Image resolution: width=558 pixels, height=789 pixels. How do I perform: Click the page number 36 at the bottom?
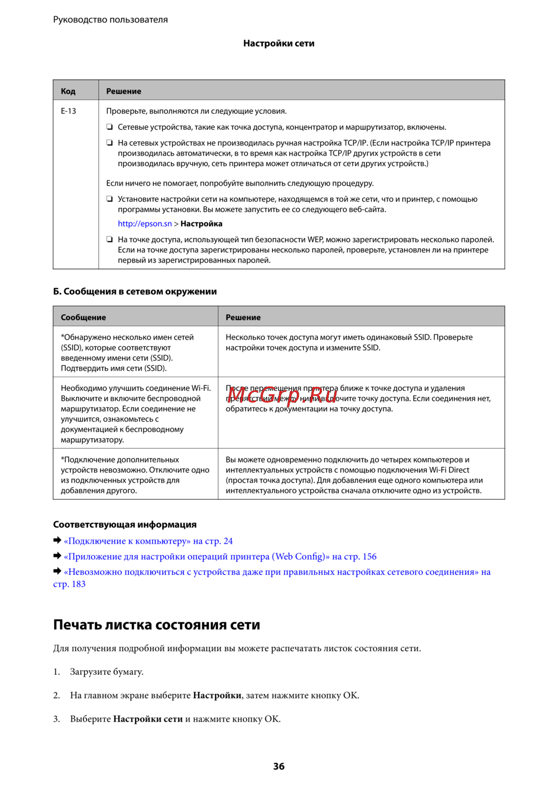[x=279, y=766]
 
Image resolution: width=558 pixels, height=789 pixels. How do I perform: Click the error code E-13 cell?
[x=69, y=111]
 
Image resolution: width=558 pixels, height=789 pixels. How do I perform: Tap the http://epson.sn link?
[x=145, y=224]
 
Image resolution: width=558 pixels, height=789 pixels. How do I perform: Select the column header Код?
[x=68, y=91]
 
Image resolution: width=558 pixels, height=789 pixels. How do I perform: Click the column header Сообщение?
[x=83, y=317]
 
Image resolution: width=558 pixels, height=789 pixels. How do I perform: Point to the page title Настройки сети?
[x=278, y=43]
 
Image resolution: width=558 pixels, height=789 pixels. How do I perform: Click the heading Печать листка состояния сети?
[x=156, y=625]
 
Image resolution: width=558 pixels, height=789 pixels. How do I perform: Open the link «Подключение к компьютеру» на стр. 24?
[x=148, y=541]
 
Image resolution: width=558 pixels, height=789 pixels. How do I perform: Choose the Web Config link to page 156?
[x=220, y=556]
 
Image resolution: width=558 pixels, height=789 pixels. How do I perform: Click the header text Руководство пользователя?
[x=110, y=20]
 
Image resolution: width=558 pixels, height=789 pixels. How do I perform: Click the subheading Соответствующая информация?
[x=124, y=524]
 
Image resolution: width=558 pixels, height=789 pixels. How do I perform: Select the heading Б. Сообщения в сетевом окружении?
[x=134, y=291]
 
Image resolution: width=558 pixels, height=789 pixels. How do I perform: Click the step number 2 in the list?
[x=56, y=695]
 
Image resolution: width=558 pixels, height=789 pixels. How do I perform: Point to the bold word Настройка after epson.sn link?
[x=201, y=224]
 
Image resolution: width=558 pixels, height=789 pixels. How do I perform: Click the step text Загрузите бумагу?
[x=107, y=671]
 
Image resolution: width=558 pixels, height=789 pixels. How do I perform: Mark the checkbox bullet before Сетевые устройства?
[x=110, y=127]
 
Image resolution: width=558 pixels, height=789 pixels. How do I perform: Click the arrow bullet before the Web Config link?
[x=57, y=556]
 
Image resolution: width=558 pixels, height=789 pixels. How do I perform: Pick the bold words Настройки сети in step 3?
[x=148, y=719]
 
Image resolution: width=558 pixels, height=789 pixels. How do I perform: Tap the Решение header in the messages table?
[x=243, y=317]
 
